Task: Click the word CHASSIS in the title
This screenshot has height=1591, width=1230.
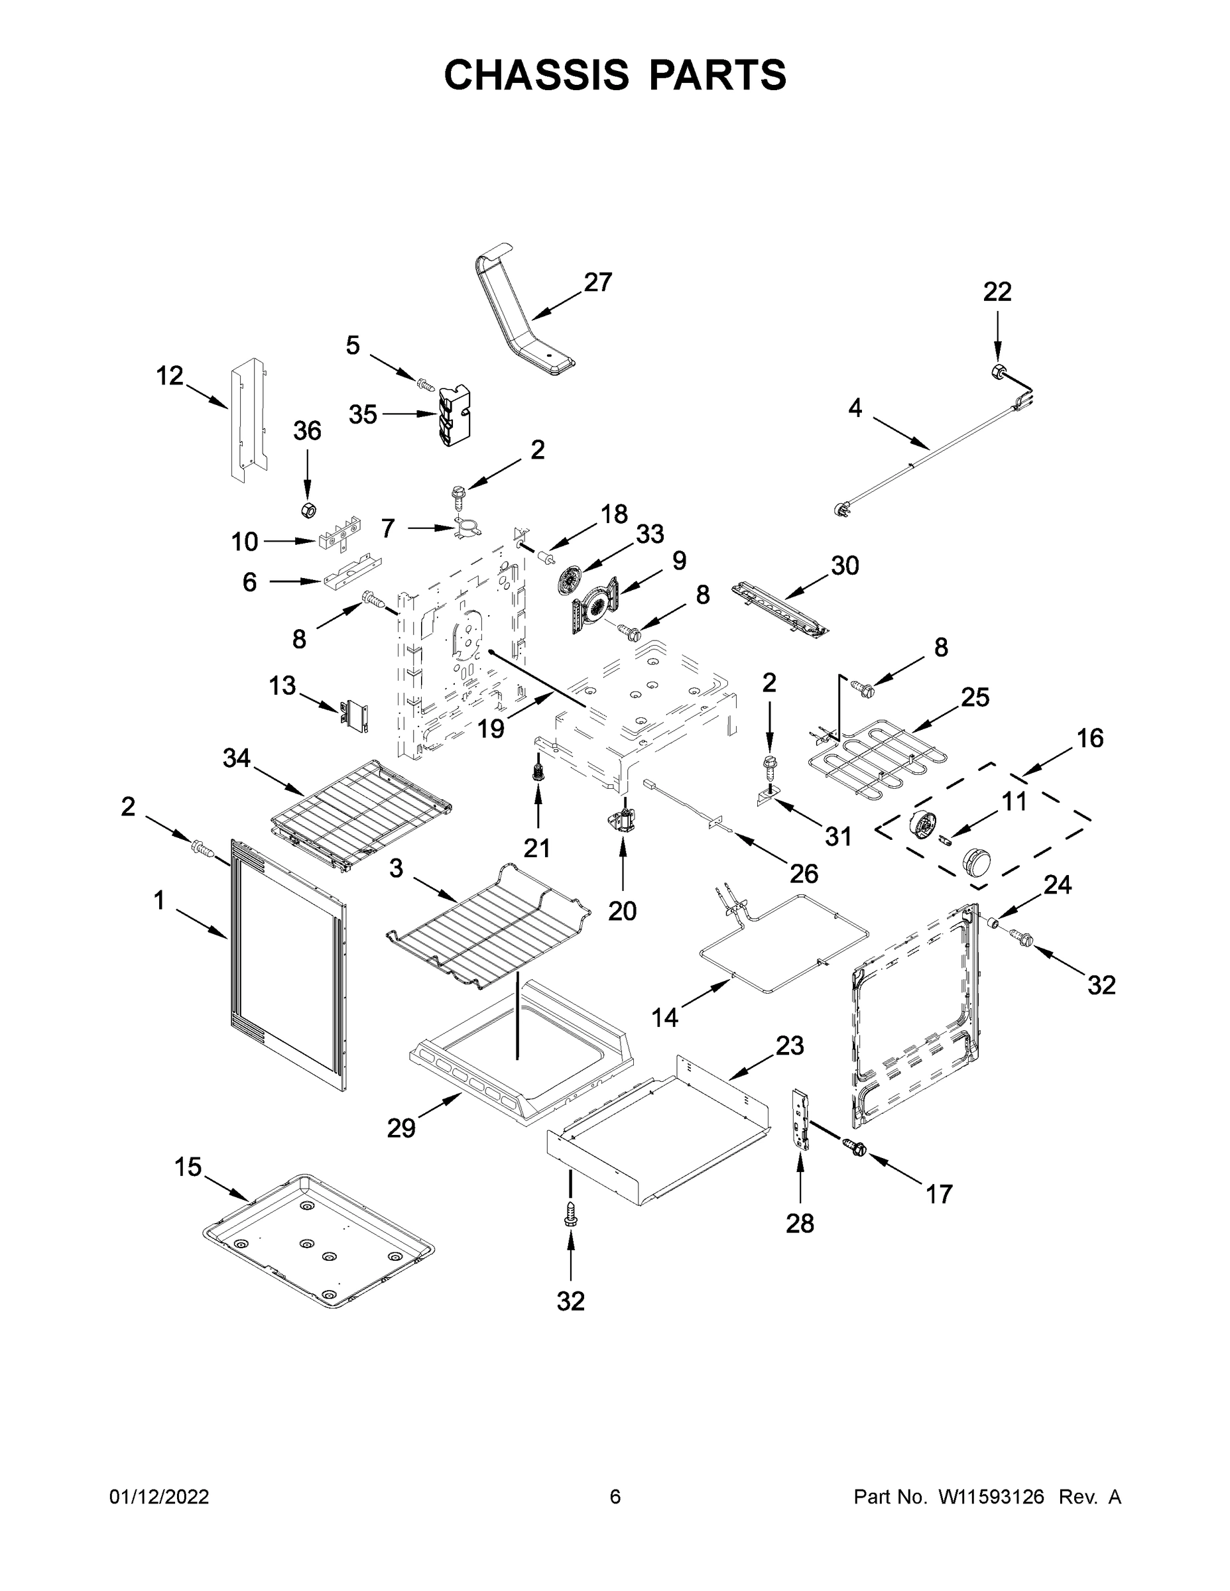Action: [x=536, y=75]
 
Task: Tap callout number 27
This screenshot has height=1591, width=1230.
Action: [x=597, y=282]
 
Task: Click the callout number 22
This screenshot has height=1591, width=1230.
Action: [x=997, y=292]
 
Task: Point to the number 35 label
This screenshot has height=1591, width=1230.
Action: [x=363, y=414]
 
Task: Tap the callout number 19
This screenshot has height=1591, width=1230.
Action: [x=491, y=729]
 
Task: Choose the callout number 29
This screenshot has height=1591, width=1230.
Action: [x=400, y=1128]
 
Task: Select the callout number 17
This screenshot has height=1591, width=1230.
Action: [x=938, y=1195]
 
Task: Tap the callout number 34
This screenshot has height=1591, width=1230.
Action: [x=236, y=758]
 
